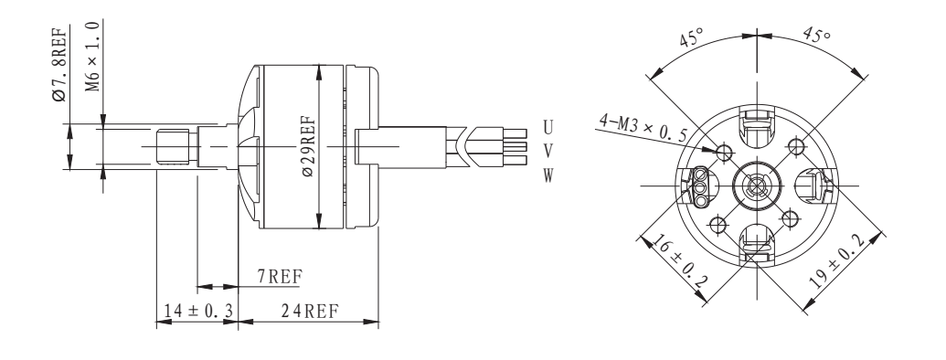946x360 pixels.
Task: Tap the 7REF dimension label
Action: click(x=273, y=275)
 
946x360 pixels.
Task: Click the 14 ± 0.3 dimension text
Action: click(x=196, y=311)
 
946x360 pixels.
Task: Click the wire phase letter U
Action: click(x=547, y=123)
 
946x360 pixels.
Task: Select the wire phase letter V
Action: click(x=547, y=148)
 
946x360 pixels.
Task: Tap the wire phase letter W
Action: click(x=547, y=174)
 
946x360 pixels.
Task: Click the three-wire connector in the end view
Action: click(x=701, y=183)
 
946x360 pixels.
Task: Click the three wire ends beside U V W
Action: click(x=516, y=147)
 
